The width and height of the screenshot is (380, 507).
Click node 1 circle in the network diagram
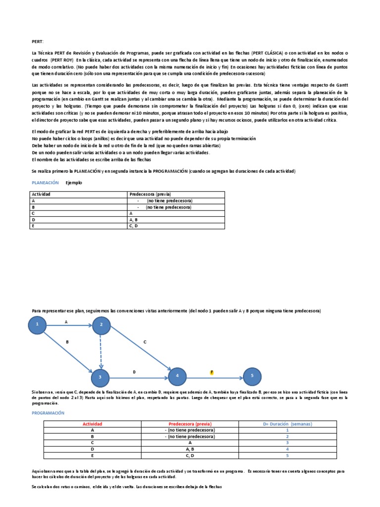[37, 325]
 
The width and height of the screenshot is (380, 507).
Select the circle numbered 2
[101, 325]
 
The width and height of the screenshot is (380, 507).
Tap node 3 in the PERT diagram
[100, 377]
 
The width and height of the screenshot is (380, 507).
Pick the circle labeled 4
[177, 377]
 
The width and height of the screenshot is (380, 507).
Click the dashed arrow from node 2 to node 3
[100, 351]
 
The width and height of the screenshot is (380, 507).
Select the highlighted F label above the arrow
[212, 372]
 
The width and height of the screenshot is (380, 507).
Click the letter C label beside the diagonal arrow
[145, 342]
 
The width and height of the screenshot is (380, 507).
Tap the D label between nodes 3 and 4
[134, 372]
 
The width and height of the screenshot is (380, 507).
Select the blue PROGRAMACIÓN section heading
[48, 412]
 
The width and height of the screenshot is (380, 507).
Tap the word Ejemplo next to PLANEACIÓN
[74, 183]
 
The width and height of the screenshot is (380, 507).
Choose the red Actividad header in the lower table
[92, 424]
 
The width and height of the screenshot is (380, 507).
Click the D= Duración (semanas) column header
[287, 424]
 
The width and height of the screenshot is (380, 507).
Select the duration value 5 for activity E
[287, 455]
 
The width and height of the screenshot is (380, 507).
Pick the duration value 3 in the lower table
[287, 443]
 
